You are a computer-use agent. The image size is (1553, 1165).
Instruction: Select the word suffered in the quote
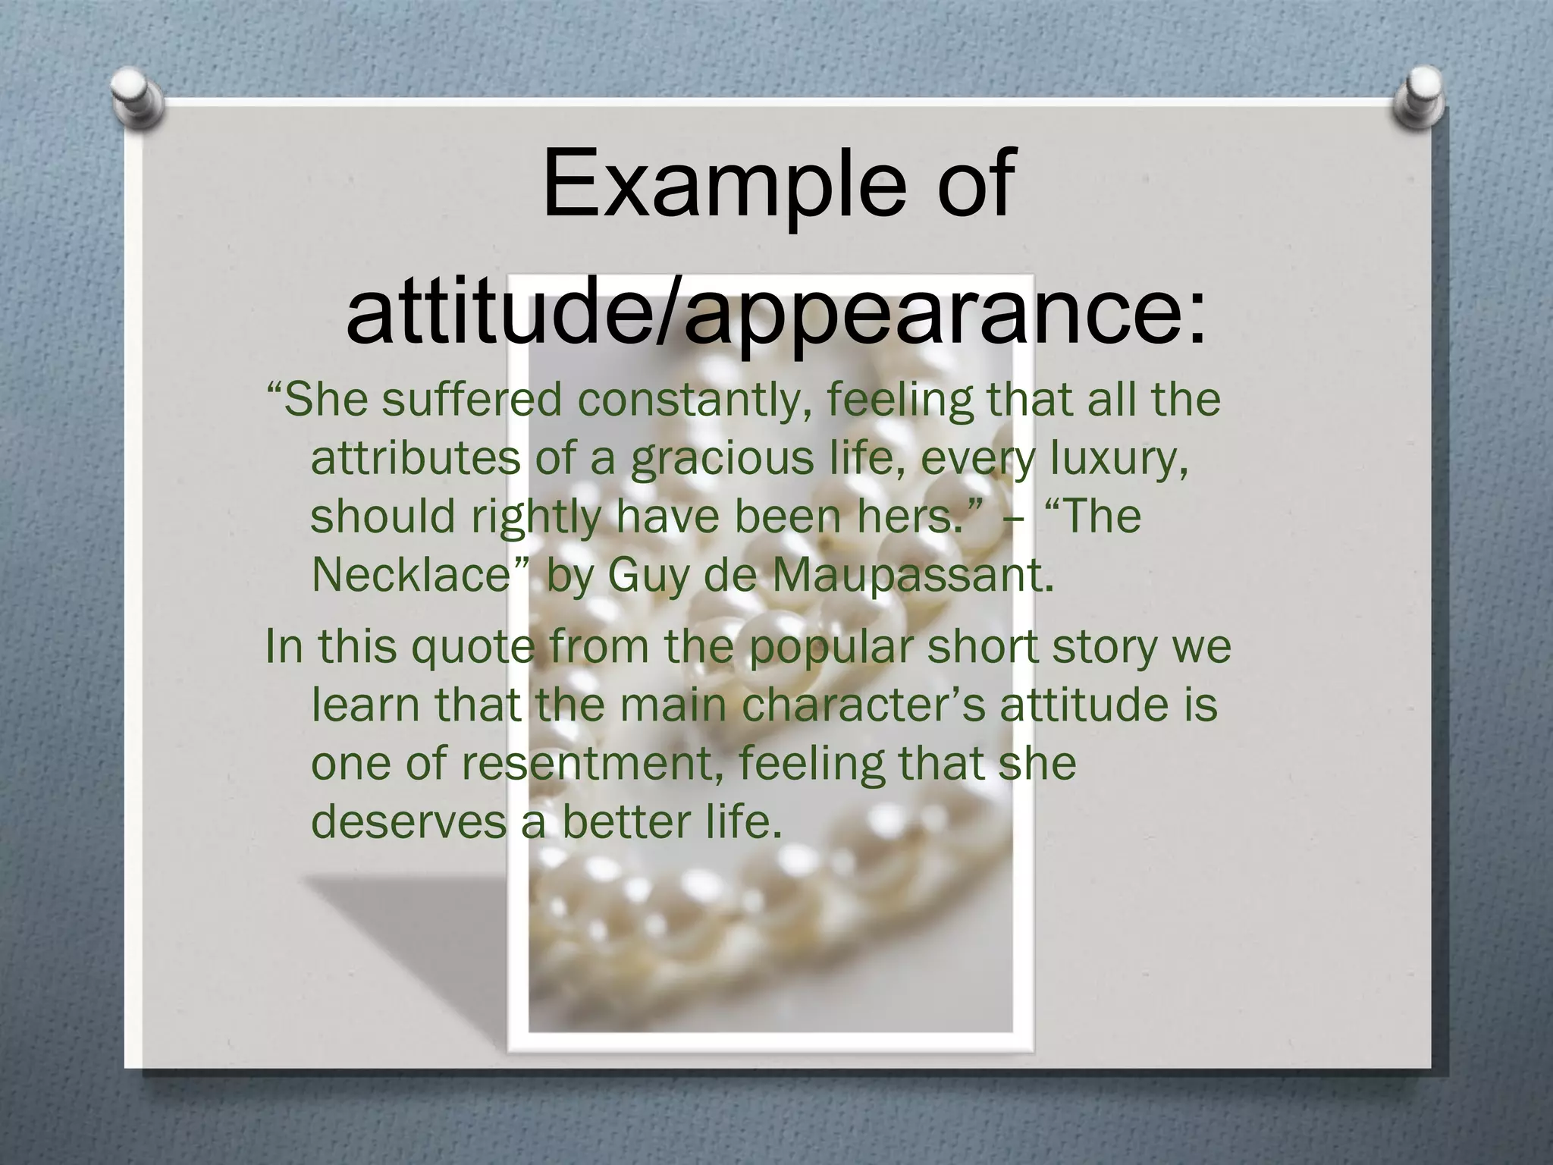(471, 400)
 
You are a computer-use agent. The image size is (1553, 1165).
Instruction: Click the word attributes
(416, 458)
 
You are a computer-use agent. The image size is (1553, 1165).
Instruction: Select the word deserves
(409, 821)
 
